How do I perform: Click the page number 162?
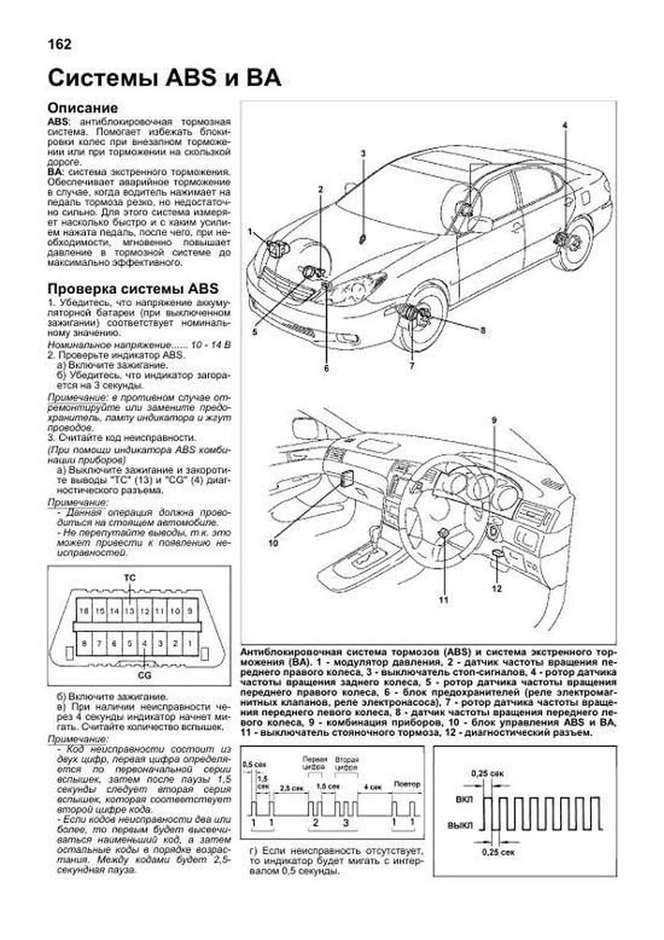coord(59,44)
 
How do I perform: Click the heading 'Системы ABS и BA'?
coord(164,78)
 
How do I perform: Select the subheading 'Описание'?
coord(82,108)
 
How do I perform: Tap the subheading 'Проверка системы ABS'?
coord(133,289)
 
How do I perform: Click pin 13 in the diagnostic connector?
coord(129,612)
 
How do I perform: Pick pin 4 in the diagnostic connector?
coord(144,644)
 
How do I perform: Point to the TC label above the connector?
coord(129,578)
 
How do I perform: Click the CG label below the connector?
coord(144,675)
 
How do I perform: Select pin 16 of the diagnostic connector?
coord(84,612)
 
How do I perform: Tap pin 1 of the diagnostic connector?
coord(190,644)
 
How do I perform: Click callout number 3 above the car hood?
coord(363,153)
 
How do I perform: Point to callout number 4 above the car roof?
coord(565,126)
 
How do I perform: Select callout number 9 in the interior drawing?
coord(494,420)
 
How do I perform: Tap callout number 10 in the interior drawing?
coord(273,543)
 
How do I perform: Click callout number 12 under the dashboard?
coord(496,588)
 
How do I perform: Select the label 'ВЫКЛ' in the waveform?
coord(460,825)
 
